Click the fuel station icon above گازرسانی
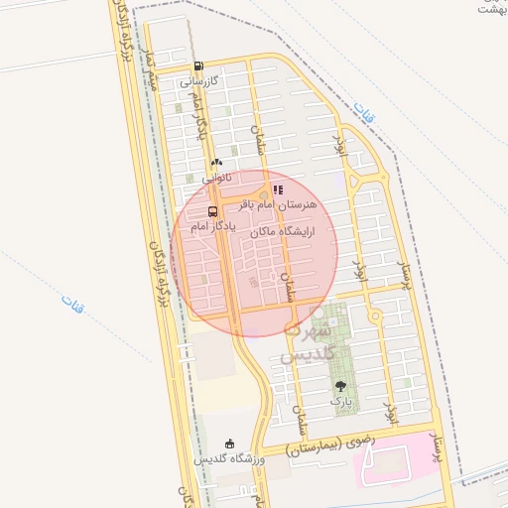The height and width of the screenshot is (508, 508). click(x=197, y=66)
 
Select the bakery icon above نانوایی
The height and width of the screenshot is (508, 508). click(x=216, y=163)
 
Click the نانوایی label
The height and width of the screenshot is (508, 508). click(x=217, y=179)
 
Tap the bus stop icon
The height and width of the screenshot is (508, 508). click(x=212, y=211)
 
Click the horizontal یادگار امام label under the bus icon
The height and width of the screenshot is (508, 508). click(x=210, y=227)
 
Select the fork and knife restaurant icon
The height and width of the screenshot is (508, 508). click(x=278, y=189)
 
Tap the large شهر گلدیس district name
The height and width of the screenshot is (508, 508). click(x=310, y=342)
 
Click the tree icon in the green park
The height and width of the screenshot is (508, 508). click(x=341, y=385)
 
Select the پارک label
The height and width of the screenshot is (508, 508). click(x=341, y=400)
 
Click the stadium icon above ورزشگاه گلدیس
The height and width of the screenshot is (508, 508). click(x=230, y=444)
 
